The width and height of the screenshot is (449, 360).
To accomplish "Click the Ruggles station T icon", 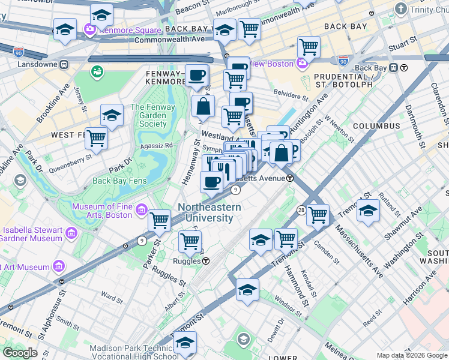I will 206,261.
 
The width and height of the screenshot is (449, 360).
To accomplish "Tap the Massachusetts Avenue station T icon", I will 289,178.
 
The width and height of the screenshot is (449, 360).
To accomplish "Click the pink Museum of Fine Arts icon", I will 141,209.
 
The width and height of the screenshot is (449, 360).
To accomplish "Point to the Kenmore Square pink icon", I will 90,29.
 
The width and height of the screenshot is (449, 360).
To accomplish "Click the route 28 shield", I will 301,209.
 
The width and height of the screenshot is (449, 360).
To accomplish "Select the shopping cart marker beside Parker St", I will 159,220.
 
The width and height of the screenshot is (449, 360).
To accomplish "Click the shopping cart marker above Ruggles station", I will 190,241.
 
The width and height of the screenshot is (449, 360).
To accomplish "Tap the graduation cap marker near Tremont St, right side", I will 368,210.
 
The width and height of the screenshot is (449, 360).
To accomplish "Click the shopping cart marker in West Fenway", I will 96,137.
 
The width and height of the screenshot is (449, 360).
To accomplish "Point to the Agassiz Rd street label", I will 157,145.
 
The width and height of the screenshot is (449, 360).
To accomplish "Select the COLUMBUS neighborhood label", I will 376,126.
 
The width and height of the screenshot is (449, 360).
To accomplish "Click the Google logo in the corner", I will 20,353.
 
